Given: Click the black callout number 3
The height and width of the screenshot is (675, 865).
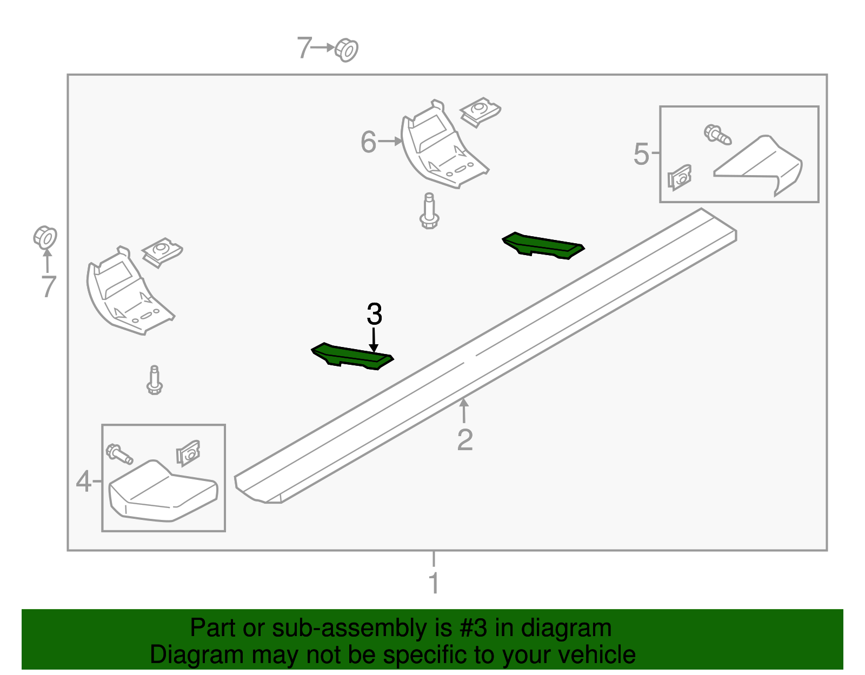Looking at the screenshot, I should pos(374,314).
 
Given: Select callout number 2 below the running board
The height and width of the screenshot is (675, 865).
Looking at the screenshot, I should pos(464,440).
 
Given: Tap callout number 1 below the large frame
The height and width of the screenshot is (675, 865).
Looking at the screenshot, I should pos(434,584).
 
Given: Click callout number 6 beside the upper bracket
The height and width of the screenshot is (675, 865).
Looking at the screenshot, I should pos(368,142).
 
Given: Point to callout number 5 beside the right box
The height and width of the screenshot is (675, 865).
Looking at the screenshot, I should pos(641,154).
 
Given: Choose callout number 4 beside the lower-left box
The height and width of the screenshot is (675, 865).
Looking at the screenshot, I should pos(83,481).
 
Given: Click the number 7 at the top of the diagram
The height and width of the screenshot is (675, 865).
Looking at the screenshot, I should pos(304,48).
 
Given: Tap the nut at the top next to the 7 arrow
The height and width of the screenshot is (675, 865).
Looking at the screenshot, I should pos(347,50).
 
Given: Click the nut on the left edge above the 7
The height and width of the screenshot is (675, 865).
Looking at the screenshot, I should pos(45,237).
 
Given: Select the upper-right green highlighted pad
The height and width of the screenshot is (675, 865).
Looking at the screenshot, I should pos(543,245).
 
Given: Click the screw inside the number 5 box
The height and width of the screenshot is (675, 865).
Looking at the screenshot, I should pos(717,134).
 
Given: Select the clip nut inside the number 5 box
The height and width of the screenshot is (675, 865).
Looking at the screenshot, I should pos(680,177).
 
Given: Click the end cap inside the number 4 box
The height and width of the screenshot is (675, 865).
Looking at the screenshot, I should pos(162,492).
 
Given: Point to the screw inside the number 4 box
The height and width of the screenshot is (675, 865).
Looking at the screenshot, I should pos(119,453).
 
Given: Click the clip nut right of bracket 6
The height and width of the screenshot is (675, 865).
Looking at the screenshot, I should pos(480,111).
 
